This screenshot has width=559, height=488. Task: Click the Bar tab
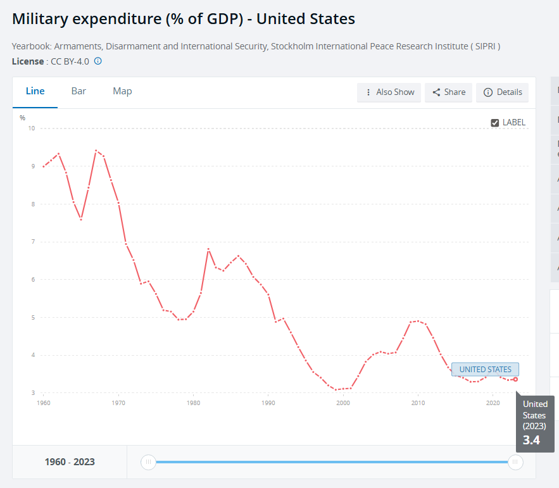tap(79, 91)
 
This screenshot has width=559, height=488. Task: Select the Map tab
tap(122, 91)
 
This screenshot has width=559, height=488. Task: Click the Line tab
tap(35, 91)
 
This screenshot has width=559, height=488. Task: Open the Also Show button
tap(390, 92)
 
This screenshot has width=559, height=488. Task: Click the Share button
tap(449, 92)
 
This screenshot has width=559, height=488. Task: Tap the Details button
tap(503, 92)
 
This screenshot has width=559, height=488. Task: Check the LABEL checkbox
tap(495, 123)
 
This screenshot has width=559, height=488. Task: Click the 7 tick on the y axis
tap(32, 242)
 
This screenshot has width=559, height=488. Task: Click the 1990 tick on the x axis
tap(268, 403)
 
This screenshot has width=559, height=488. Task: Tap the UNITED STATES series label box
tap(485, 370)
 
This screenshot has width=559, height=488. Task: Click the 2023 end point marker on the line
tap(515, 379)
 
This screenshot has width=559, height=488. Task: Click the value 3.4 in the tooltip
tap(531, 441)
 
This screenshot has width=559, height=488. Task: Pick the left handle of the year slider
tap(148, 462)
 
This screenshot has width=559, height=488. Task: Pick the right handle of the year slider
tap(515, 462)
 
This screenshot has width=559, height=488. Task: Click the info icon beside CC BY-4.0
tap(98, 61)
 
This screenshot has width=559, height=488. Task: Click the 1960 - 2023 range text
tap(70, 462)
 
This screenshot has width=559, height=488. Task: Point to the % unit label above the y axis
tap(22, 118)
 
